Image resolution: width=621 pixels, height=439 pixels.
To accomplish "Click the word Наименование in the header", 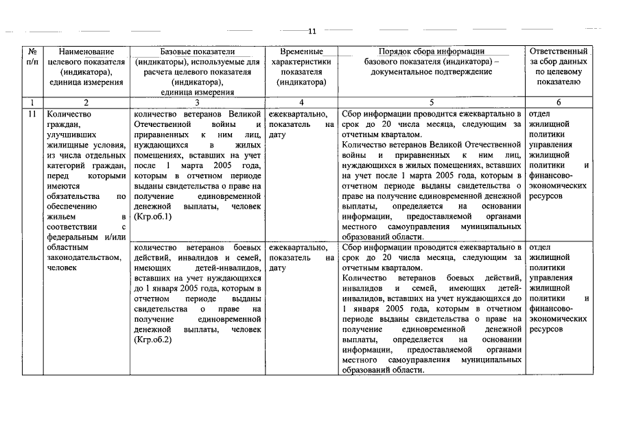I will [86, 51].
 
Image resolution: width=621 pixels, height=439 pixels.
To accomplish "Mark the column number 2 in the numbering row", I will [86, 102].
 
